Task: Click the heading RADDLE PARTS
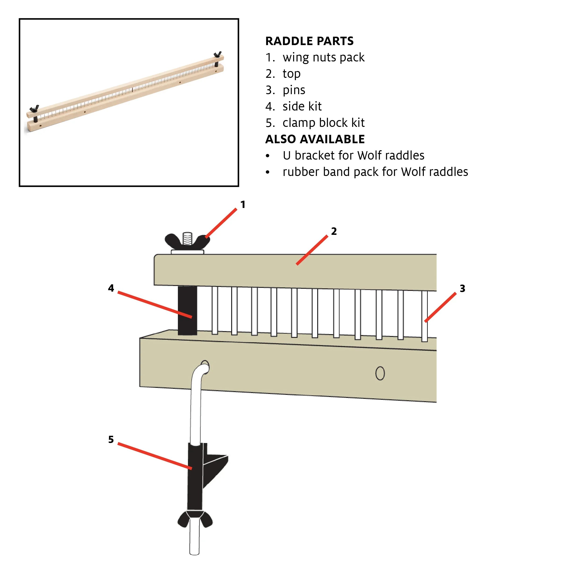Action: tap(309, 41)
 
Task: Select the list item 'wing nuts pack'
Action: tap(323, 57)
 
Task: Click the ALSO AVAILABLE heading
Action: tap(315, 139)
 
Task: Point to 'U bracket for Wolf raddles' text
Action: tap(353, 155)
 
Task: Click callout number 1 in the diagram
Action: tap(243, 204)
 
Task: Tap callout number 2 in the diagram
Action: tap(334, 231)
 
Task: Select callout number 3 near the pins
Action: tap(462, 288)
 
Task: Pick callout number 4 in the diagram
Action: tap(111, 288)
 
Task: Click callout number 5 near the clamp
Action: tap(111, 439)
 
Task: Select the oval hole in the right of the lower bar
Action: tap(380, 373)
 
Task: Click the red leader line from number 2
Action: tap(312, 250)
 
